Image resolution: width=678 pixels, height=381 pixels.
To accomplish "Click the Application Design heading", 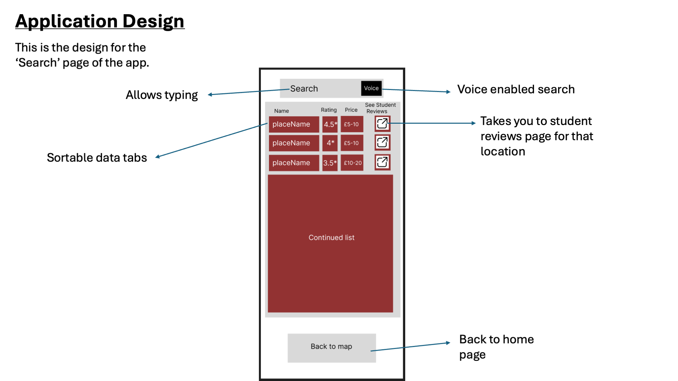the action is coord(100,21).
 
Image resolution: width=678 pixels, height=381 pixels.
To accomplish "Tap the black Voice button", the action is coord(371,88).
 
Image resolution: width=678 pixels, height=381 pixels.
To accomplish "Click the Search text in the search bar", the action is coord(304,89).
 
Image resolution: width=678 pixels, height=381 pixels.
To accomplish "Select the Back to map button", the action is coord(332,348).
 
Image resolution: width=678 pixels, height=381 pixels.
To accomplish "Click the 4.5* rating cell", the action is coord(330,124).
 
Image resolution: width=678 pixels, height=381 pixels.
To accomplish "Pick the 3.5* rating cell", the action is coord(330,163).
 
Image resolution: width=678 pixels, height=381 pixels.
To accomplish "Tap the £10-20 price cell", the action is coord(352,163).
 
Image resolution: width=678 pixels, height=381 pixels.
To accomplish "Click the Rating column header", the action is coord(329,110).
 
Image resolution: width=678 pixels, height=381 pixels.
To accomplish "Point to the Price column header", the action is coord(351,110).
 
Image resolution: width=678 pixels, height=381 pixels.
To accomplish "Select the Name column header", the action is coord(281,111).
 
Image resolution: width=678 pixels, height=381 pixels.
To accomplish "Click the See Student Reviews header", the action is coord(380,108).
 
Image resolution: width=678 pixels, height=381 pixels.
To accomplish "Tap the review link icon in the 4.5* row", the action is coord(382,124).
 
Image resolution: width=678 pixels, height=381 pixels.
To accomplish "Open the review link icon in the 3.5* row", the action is coord(382,162).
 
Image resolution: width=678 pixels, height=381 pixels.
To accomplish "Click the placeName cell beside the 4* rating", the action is coord(294,143).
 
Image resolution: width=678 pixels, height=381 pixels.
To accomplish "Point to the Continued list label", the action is coord(331,237).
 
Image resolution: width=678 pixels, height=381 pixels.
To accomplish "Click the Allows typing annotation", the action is coord(162,95).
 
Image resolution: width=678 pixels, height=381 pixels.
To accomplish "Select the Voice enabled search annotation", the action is coord(516,89).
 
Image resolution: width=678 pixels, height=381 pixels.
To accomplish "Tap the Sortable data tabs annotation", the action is coord(97,158).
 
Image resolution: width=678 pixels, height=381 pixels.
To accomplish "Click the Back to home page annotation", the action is coord(496,347).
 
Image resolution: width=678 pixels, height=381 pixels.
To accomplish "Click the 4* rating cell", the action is coord(330,143).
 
